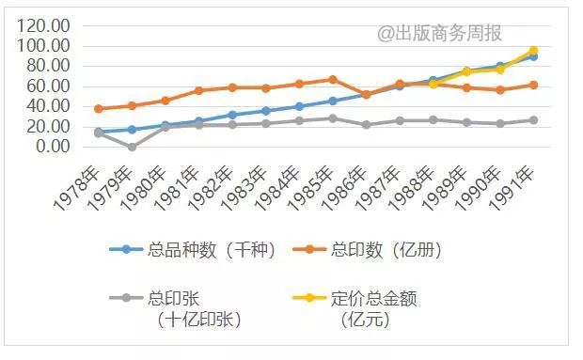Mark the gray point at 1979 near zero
click(x=132, y=147)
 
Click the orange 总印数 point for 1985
click(x=332, y=79)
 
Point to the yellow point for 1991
click(x=533, y=51)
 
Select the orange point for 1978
click(x=99, y=109)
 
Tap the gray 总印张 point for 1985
click(x=332, y=118)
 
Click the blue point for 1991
click(x=533, y=56)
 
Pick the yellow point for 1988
click(x=433, y=84)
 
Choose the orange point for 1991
click(x=533, y=85)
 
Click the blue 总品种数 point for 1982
click(x=232, y=115)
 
